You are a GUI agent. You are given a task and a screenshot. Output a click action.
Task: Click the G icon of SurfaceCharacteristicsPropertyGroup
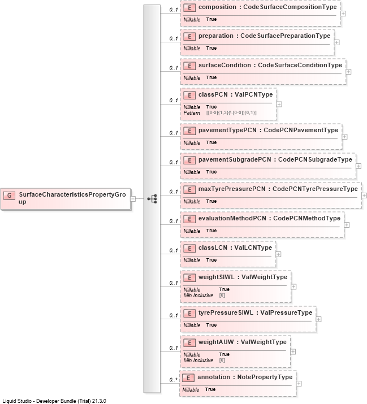click(x=9, y=196)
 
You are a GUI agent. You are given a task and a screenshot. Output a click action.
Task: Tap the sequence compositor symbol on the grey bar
click(x=152, y=199)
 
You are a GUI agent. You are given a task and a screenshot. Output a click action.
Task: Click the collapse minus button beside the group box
click(x=133, y=199)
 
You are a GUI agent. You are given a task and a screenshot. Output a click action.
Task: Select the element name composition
click(x=217, y=7)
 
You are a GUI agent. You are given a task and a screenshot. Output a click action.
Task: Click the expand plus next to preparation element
click(x=337, y=42)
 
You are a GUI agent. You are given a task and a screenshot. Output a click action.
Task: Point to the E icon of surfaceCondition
click(x=189, y=66)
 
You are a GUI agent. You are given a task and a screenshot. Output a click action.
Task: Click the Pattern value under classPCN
click(x=231, y=113)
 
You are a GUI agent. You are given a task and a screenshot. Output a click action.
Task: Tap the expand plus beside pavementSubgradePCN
click(x=359, y=166)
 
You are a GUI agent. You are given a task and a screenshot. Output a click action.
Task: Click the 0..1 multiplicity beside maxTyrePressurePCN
click(x=174, y=192)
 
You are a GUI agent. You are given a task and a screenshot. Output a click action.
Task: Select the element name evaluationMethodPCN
click(x=232, y=218)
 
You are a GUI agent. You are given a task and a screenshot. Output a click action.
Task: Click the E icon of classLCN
click(x=189, y=249)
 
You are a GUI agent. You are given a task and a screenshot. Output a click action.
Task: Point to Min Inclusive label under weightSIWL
click(x=198, y=296)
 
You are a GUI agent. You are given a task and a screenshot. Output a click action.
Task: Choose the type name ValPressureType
click(x=286, y=312)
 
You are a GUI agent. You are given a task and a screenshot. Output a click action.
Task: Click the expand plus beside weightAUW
click(x=293, y=351)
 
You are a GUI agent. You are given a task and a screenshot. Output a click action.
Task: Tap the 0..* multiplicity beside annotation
click(x=173, y=380)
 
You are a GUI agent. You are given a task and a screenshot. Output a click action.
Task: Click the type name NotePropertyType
click(x=265, y=377)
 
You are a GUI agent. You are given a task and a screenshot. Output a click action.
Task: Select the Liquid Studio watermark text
click(x=54, y=401)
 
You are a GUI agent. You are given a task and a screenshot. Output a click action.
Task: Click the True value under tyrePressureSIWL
click(x=211, y=325)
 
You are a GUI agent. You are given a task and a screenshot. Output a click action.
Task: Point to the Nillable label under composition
click(x=192, y=20)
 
